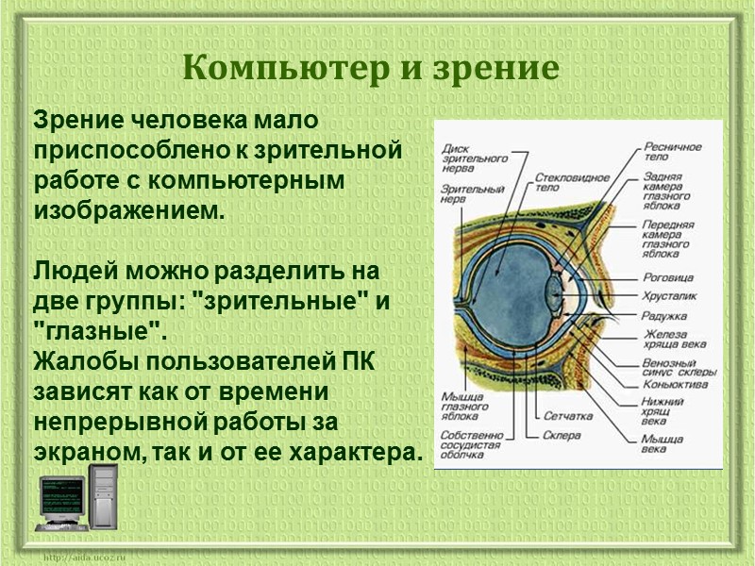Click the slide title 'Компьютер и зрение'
(371, 68)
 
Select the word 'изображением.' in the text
(129, 208)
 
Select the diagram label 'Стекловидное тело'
(569, 181)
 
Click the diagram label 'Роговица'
(667, 278)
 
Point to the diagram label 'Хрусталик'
(669, 296)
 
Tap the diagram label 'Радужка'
(664, 315)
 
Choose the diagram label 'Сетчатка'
(567, 416)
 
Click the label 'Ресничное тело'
(673, 153)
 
